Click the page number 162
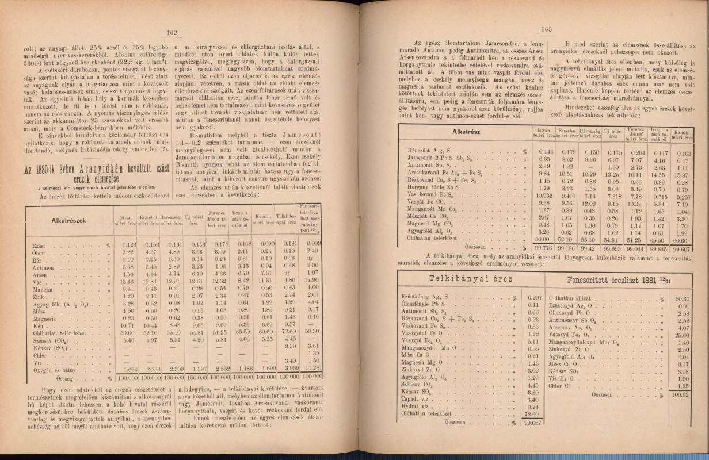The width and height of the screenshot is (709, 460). tap(170, 33)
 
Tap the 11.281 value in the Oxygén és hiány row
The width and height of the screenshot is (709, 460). tap(311, 369)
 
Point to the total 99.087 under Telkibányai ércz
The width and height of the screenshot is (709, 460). tap(529, 423)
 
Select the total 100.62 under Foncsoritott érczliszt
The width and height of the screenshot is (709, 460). tap(683, 395)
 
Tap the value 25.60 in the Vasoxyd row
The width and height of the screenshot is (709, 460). tap(683, 335)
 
